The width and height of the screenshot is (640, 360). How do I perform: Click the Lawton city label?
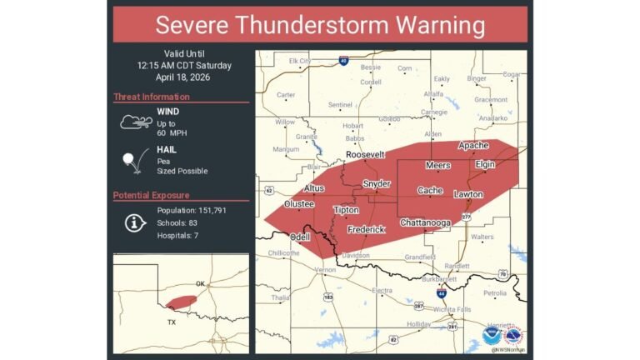[x=467, y=194]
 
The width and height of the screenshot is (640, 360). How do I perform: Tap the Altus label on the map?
[x=313, y=188]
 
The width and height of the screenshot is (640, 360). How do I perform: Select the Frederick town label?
[x=366, y=229]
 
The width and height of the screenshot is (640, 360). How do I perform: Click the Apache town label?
[x=473, y=145]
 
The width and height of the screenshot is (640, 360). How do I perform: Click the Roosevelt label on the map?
[x=366, y=155]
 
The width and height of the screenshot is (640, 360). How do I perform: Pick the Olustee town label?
[x=298, y=203]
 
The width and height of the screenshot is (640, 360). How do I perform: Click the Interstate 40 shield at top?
[x=343, y=60]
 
